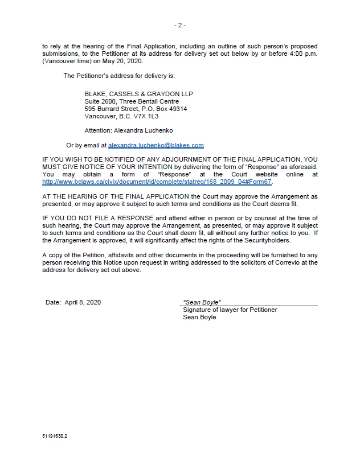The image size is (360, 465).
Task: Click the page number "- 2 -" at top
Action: point(180,25)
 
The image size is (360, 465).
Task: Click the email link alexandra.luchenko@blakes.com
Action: point(156,146)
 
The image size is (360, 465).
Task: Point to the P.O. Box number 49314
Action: point(175,109)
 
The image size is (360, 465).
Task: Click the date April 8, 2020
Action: point(82,302)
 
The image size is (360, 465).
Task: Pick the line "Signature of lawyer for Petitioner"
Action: point(230,310)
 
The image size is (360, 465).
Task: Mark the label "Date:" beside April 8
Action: point(53,302)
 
